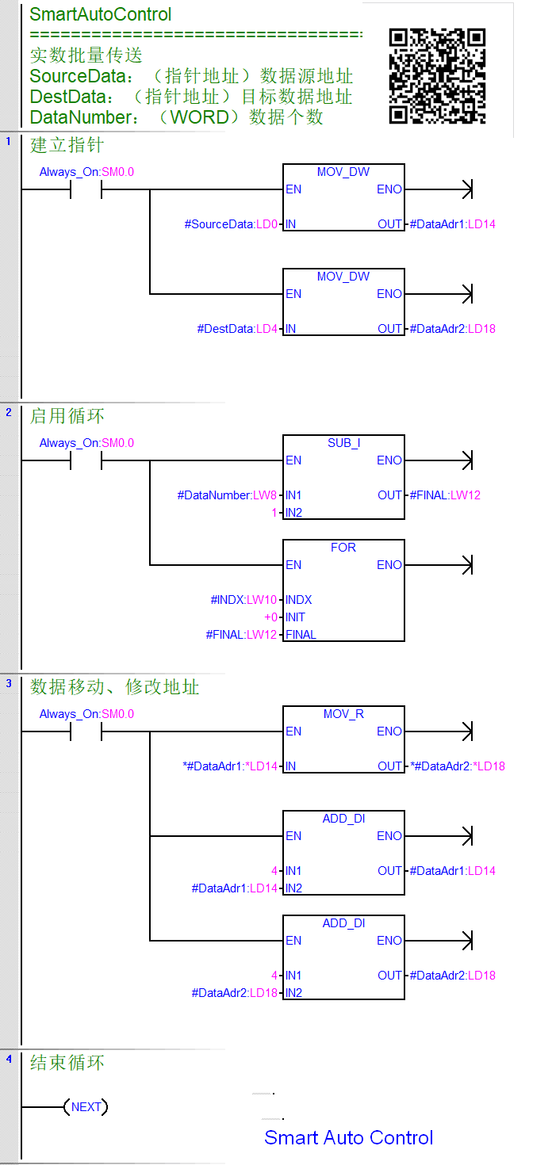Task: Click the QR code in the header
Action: click(x=437, y=76)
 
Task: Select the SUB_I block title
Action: click(x=343, y=443)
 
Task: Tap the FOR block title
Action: click(x=343, y=548)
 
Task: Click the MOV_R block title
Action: click(x=343, y=714)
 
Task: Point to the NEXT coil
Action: click(x=86, y=1107)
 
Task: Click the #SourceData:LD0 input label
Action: click(x=231, y=224)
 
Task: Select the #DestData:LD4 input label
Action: click(x=237, y=329)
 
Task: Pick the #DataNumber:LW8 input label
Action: click(x=227, y=495)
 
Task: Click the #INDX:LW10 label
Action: click(x=243, y=600)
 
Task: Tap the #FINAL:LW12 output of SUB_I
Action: click(x=445, y=495)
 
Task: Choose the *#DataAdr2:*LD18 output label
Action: click(x=458, y=766)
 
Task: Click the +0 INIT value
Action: click(x=274, y=617)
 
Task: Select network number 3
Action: click(x=9, y=682)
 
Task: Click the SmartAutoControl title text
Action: click(x=101, y=14)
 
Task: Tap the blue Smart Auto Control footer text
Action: click(x=348, y=1137)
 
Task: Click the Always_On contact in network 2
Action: click(x=86, y=460)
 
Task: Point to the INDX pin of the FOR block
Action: click(x=299, y=600)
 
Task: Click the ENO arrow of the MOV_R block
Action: click(x=466, y=731)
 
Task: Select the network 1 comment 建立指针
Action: click(x=67, y=145)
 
